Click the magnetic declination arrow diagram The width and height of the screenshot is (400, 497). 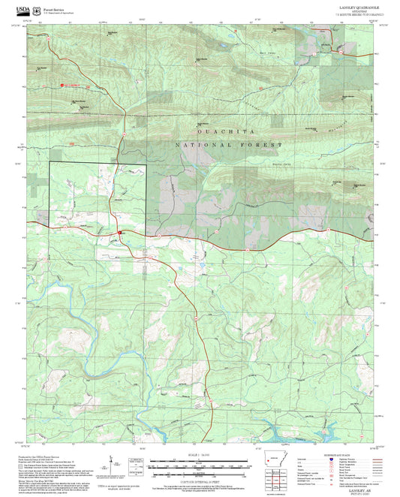[x=113, y=464]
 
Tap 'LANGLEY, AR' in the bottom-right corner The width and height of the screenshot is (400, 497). [x=353, y=488]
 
